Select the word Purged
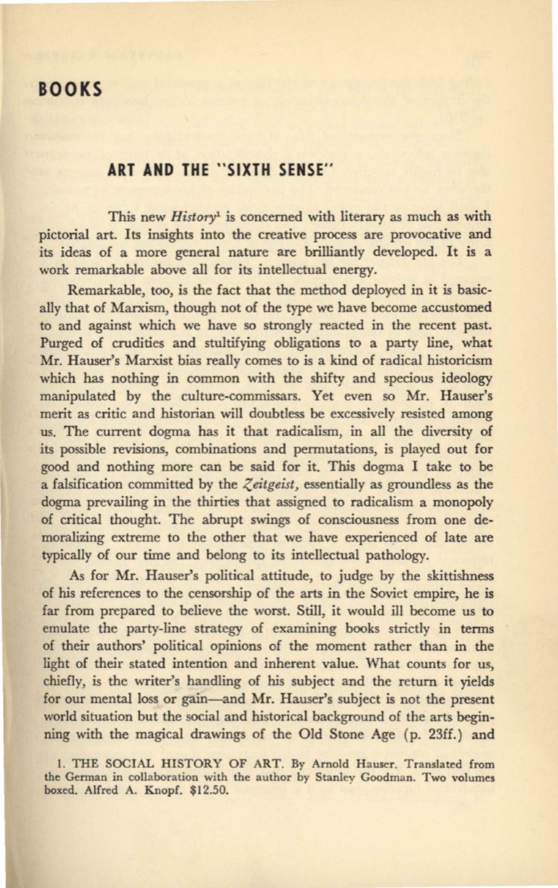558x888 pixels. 92,343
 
